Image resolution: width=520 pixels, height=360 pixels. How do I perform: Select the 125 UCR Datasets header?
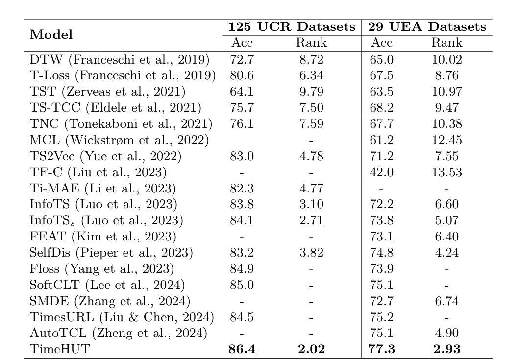(x=292, y=27)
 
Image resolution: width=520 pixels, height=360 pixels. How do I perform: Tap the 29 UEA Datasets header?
(x=428, y=27)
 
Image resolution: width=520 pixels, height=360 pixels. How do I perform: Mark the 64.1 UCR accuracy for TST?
(x=241, y=92)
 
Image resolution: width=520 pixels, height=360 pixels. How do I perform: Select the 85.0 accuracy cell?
(x=241, y=284)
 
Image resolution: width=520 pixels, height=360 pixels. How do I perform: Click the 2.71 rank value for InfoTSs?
(x=311, y=220)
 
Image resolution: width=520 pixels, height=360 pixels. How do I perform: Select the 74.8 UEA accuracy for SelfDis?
(x=383, y=252)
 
